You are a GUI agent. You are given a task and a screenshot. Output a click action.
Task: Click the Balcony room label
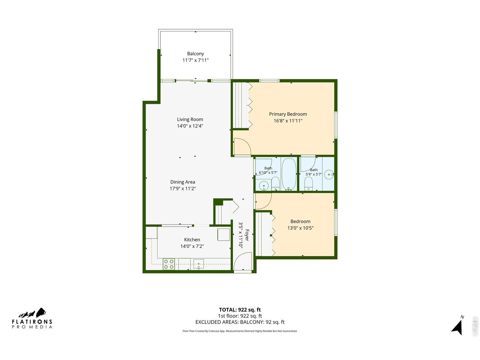[195, 54]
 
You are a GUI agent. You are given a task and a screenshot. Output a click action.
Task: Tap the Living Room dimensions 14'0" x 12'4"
[190, 126]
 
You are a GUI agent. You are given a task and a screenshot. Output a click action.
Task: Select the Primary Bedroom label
[288, 114]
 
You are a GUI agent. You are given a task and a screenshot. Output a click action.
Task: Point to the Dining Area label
[183, 182]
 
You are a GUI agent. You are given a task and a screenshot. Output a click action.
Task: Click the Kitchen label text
[192, 240]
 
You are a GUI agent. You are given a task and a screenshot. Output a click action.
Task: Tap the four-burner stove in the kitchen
[169, 264]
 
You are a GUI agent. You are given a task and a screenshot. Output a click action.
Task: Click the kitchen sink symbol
[198, 264]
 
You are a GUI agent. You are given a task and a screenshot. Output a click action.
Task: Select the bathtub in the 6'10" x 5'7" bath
[289, 174]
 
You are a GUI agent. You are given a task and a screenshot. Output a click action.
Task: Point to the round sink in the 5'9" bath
[328, 174]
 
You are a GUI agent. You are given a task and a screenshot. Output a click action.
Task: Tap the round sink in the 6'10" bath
[264, 186]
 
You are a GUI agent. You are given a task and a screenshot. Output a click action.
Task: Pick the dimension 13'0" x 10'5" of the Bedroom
[300, 228]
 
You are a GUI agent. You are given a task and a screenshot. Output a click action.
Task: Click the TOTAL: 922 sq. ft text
[240, 309]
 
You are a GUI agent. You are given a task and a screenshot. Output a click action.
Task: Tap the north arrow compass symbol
[457, 327]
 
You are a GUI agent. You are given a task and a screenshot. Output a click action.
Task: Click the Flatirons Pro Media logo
[32, 318]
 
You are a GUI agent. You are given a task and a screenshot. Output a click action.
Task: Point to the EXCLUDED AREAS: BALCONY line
[240, 322]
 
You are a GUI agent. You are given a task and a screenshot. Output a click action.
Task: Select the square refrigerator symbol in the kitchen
[223, 234]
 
